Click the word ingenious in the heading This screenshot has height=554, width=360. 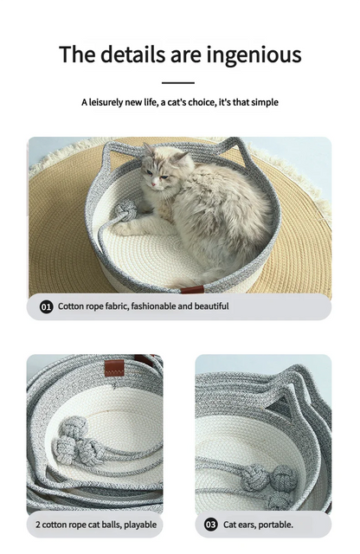pos(254,55)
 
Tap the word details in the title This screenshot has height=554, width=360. pos(132,54)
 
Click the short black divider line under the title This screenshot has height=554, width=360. pos(178,83)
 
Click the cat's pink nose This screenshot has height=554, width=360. pos(154,184)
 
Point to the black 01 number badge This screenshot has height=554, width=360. pos(46,306)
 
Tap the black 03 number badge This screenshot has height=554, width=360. pos(210,525)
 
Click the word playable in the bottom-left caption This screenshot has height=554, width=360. pos(140,525)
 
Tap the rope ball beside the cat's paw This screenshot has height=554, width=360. pos(125,210)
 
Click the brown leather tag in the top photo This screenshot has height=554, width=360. pos(192,290)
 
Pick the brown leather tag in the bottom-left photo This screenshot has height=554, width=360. pos(114,368)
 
